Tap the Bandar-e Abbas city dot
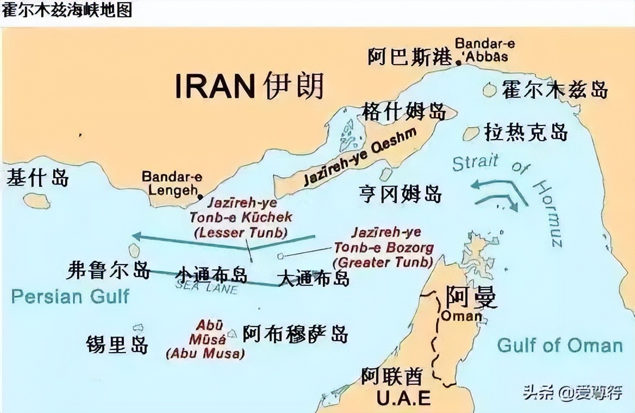(x=459, y=62)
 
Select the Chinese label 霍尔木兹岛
(x=554, y=89)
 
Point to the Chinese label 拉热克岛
(x=526, y=132)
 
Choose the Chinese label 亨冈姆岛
(x=400, y=193)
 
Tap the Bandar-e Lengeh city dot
(x=201, y=197)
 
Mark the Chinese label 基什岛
(x=38, y=178)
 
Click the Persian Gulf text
(x=70, y=296)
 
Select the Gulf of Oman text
(x=559, y=345)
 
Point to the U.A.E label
(x=403, y=397)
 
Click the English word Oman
(x=461, y=316)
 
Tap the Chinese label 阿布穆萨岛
(x=295, y=333)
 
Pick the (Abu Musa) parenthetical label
(x=205, y=353)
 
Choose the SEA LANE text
(x=207, y=287)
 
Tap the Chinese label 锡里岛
(x=117, y=344)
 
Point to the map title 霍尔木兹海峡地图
(x=67, y=10)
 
